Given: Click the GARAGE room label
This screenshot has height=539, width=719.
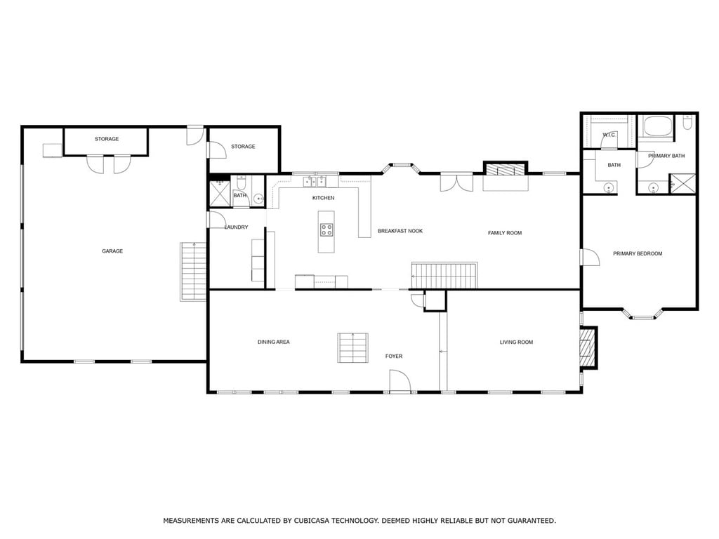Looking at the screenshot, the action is [x=112, y=251].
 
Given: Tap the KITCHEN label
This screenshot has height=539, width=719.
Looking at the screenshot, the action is [x=323, y=198].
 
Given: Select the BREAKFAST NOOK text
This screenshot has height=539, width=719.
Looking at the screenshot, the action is [x=400, y=231].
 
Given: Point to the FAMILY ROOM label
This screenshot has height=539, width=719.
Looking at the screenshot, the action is [x=505, y=233].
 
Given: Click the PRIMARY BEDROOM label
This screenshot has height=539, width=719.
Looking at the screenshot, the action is [x=638, y=253].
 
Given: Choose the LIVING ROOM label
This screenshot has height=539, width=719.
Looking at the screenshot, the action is [x=516, y=342].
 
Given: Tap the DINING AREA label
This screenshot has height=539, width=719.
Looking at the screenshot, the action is [x=273, y=342].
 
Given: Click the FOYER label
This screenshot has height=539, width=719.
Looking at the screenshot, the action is [x=394, y=356].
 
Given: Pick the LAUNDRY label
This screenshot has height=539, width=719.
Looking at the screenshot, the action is [x=236, y=227].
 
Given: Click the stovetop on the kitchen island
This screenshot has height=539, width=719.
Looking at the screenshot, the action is [x=326, y=229].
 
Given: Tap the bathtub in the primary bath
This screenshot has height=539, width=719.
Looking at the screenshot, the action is [x=658, y=126].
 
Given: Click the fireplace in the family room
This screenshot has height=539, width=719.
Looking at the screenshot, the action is [x=506, y=170].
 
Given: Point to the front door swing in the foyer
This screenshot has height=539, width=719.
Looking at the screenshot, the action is [x=400, y=381].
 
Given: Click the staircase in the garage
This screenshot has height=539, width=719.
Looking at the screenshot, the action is [x=194, y=272].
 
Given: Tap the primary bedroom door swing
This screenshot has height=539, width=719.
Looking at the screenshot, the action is [x=590, y=257].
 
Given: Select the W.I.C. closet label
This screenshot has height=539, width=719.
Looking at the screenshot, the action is [x=609, y=135].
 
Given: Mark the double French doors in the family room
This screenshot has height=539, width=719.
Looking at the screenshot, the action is [x=456, y=182].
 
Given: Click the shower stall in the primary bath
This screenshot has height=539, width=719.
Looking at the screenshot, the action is [x=683, y=184].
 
